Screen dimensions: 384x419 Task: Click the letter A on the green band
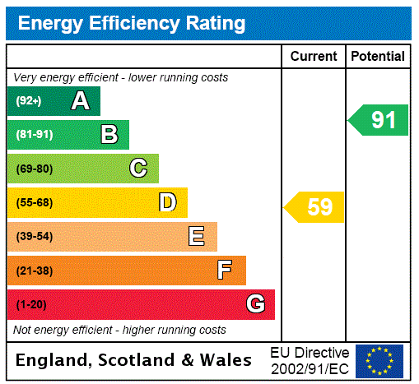click(x=80, y=101)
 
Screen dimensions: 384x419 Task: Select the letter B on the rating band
click(x=109, y=134)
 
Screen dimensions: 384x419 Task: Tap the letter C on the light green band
click(x=138, y=169)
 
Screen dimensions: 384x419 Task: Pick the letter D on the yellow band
click(x=168, y=202)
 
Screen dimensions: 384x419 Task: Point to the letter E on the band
click(x=197, y=237)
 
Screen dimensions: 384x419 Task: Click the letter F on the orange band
click(x=225, y=270)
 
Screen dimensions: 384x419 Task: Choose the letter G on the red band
click(x=255, y=304)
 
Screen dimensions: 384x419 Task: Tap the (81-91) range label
click(x=34, y=135)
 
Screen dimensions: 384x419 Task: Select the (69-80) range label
click(x=34, y=169)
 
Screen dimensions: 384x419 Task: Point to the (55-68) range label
click(x=34, y=203)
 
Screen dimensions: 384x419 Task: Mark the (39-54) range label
click(x=34, y=237)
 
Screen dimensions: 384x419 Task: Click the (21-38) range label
click(x=34, y=271)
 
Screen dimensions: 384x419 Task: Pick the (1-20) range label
click(x=31, y=305)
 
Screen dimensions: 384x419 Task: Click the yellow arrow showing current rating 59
click(x=315, y=207)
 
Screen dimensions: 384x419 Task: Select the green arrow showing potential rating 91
click(x=379, y=120)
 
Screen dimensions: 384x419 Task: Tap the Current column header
click(x=314, y=57)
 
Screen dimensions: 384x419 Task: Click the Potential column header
click(x=378, y=57)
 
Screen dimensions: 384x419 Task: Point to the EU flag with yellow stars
click(x=379, y=360)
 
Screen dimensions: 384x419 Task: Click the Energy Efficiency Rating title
click(x=132, y=24)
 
